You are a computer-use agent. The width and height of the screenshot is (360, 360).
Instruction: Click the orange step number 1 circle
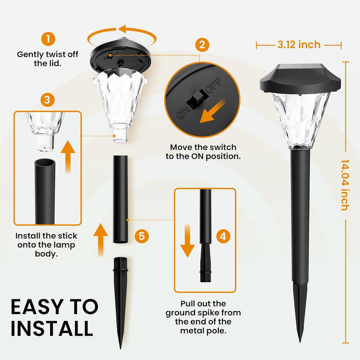47,38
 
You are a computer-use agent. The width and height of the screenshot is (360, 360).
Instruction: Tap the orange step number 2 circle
202,45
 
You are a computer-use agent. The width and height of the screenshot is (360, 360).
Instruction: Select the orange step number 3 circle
47,99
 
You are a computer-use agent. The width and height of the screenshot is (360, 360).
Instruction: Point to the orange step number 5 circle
141,235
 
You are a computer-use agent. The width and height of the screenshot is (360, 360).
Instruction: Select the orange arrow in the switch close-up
212,111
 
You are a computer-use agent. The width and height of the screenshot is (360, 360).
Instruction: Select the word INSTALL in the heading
52,329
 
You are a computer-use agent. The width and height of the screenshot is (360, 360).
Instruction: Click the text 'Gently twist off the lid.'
47,58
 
